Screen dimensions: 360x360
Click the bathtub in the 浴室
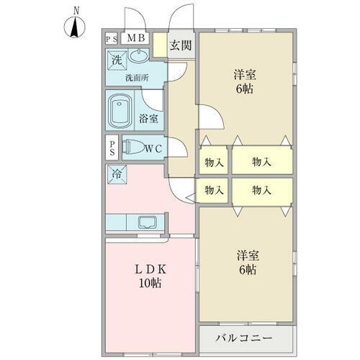click(x=120, y=112)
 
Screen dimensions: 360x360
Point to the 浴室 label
click(x=150, y=119)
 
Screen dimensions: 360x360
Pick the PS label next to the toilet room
click(x=112, y=149)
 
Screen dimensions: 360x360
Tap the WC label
click(x=158, y=149)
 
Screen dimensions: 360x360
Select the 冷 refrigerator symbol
click(x=115, y=173)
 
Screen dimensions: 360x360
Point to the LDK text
click(x=150, y=269)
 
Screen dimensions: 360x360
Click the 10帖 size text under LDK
click(x=150, y=283)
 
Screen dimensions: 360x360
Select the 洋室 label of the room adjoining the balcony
click(x=246, y=256)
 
